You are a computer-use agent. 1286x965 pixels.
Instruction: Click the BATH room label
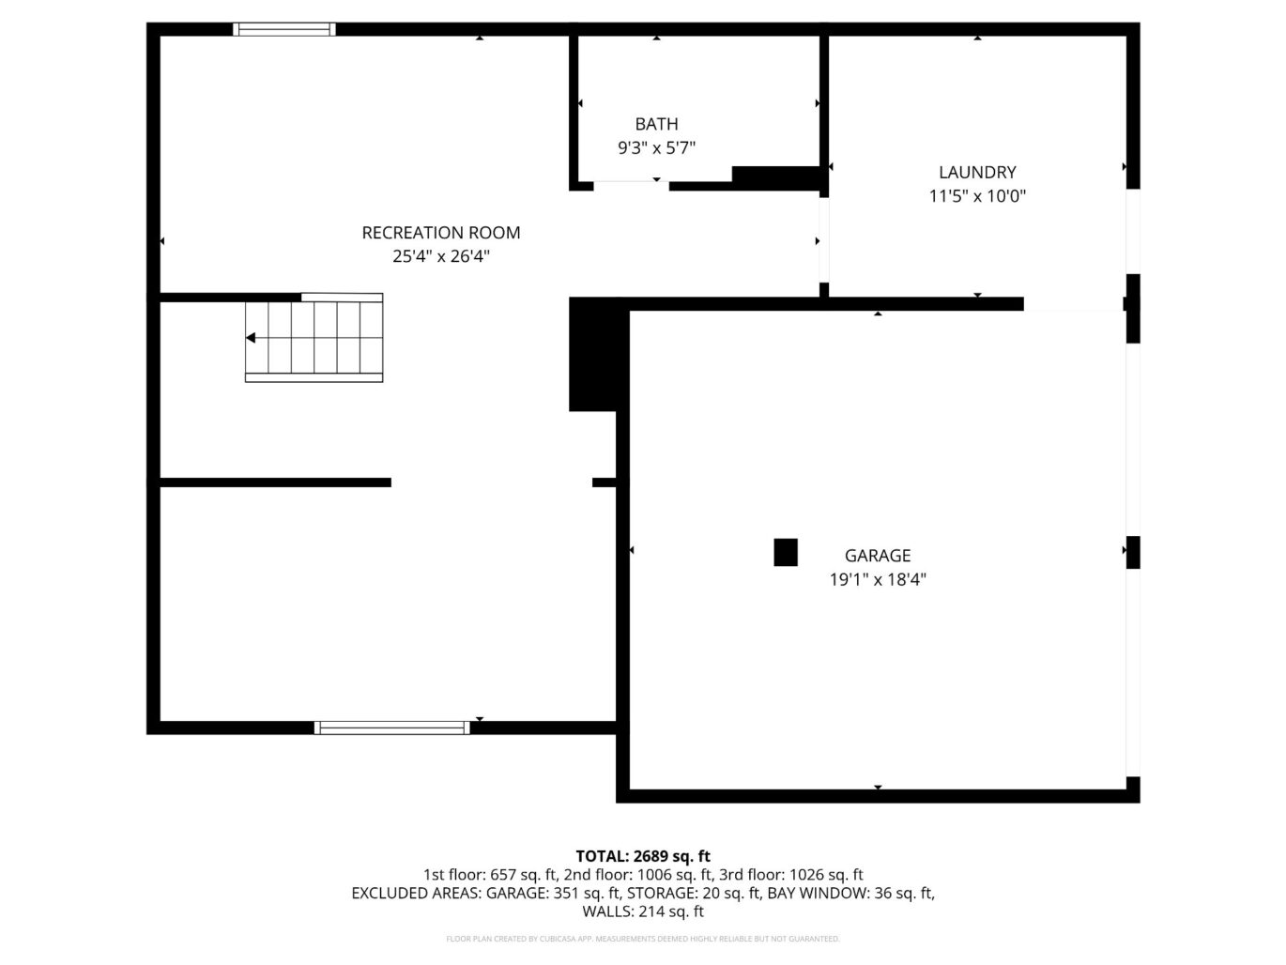656,124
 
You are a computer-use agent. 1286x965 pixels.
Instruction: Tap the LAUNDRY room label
977,172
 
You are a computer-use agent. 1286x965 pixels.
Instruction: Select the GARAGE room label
877,556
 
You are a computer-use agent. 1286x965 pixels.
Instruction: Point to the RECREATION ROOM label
441,233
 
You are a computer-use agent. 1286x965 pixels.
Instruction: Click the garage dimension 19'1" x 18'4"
877,580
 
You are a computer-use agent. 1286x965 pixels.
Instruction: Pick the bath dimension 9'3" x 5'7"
656,147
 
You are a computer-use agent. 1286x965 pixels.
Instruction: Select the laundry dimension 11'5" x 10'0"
977,196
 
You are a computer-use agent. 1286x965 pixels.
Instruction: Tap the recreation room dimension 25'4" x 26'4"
441,256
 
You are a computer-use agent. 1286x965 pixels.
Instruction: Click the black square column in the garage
786,552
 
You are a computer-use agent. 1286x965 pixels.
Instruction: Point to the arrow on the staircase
251,338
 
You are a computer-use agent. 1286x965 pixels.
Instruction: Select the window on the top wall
283,29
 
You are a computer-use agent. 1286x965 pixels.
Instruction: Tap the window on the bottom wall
391,728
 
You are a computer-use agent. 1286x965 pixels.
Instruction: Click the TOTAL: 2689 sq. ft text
643,856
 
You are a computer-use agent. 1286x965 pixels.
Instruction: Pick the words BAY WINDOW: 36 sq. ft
850,893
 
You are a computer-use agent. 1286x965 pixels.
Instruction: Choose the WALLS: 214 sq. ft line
643,911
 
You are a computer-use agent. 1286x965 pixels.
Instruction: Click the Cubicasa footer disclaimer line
643,939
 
